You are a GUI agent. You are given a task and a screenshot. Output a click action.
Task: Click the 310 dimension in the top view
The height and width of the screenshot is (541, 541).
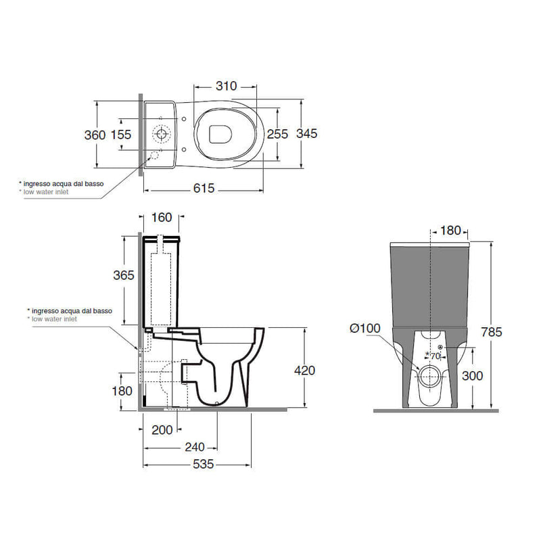coord(227,86)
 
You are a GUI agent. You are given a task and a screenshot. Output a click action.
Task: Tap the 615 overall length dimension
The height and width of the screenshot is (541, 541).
coord(204,188)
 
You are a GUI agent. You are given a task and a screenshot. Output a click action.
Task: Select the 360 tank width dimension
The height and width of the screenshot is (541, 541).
coord(95,135)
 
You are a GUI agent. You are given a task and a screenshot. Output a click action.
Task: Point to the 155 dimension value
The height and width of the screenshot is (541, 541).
coord(121,135)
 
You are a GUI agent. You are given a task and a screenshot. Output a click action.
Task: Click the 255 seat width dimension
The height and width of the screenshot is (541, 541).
coord(277,134)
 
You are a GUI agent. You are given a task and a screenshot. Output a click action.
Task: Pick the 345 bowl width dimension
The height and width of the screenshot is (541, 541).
coord(307,133)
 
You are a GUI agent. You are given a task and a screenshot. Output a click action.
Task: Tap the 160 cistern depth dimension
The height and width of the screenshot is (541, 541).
coord(162,217)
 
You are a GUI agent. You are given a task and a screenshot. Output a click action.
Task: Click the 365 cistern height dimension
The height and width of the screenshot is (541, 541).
coord(124,275)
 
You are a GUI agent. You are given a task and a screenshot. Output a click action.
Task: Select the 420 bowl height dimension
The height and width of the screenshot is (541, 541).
coord(305,370)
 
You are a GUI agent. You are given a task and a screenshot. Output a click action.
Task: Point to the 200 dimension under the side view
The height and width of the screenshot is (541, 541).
coord(162,430)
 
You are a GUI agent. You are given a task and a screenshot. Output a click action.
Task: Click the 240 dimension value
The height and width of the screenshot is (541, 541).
coord(195,447)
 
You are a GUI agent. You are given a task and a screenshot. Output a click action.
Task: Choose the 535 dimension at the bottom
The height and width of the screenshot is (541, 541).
coord(204,464)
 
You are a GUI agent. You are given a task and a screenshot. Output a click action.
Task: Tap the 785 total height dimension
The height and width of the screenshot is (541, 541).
coord(492,332)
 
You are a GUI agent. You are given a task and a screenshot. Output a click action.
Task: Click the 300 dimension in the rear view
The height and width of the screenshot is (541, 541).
coord(472,376)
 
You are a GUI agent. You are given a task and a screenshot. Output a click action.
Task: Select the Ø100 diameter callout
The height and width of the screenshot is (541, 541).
coord(365,328)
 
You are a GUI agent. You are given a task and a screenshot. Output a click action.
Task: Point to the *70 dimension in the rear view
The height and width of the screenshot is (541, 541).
coord(433,356)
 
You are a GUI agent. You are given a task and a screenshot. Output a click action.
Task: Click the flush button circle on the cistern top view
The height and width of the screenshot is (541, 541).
coord(162,133)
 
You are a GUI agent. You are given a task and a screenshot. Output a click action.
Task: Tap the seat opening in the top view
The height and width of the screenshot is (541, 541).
coord(220,134)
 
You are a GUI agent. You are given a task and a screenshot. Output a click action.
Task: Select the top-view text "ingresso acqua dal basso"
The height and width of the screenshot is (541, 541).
coord(64,184)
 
